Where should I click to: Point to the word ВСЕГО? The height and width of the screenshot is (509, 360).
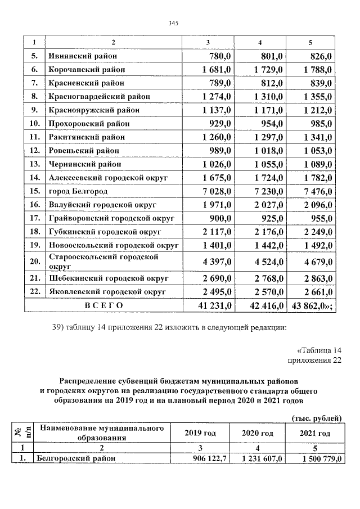click(103, 305)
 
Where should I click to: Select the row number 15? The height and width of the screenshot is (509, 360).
click(34, 191)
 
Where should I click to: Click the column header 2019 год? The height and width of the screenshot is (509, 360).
click(200, 433)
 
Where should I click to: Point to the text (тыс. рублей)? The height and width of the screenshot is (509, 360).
click(316, 417)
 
